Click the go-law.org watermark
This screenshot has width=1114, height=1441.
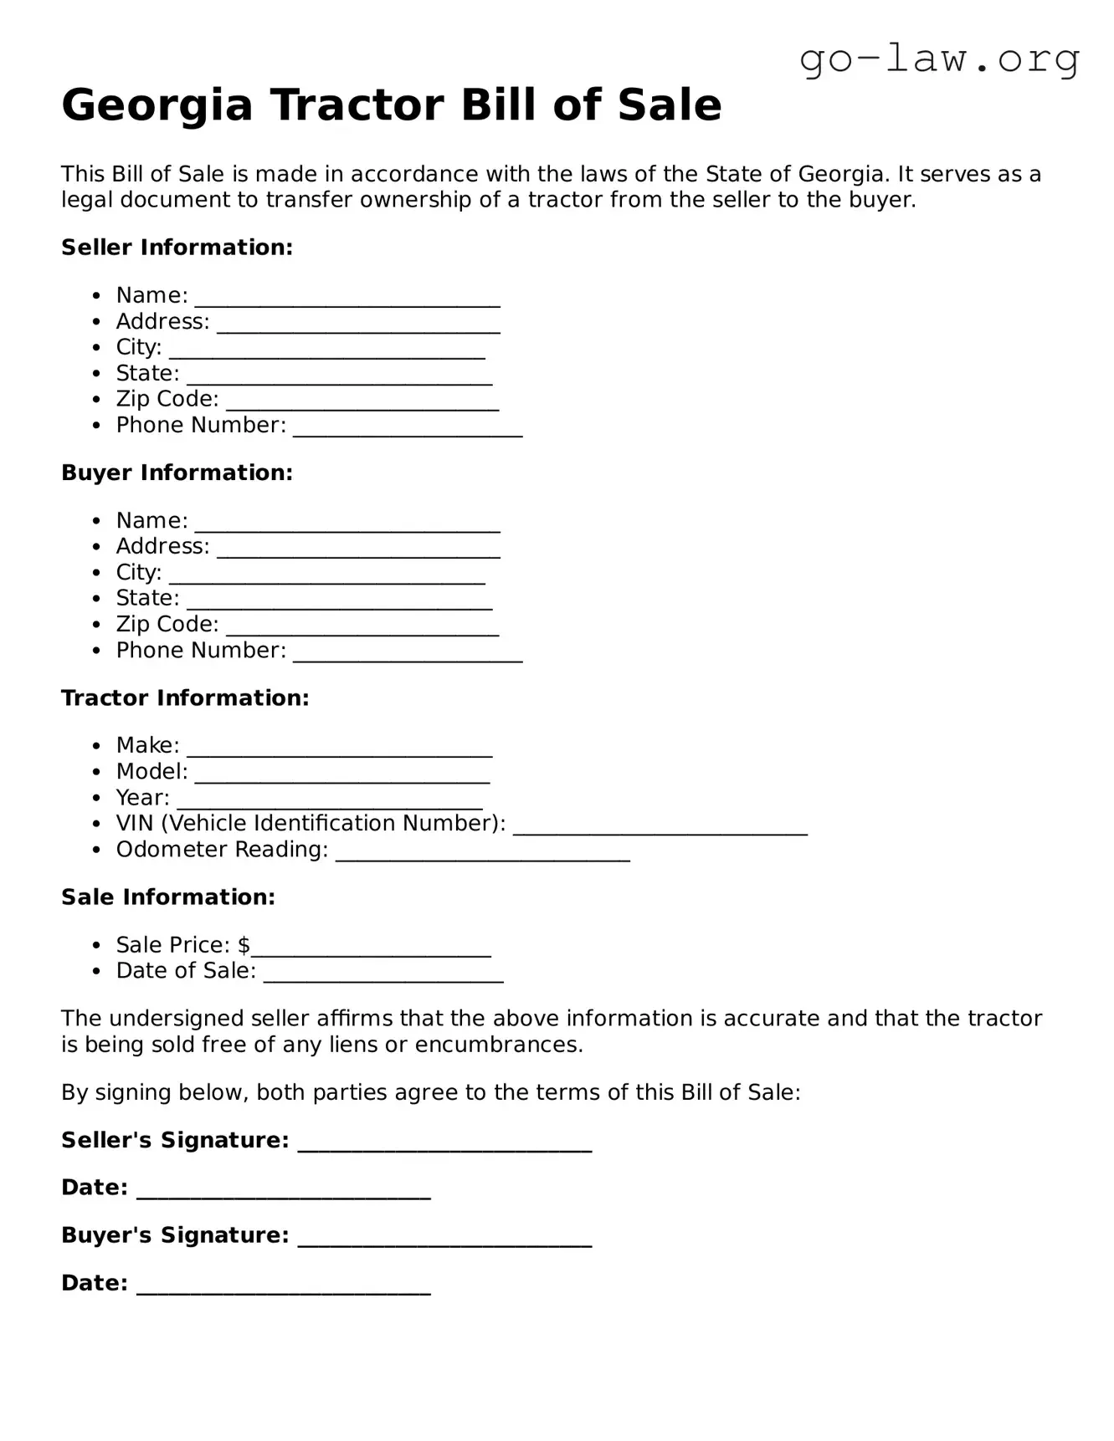(939, 59)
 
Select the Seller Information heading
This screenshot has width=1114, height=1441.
(177, 248)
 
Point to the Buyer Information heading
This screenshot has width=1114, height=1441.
(177, 473)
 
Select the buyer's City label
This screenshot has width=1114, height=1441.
(138, 573)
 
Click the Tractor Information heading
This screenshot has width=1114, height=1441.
(185, 698)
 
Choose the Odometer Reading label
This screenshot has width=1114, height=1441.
(222, 850)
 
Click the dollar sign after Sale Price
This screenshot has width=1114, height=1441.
(244, 945)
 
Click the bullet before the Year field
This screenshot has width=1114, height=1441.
(98, 798)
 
